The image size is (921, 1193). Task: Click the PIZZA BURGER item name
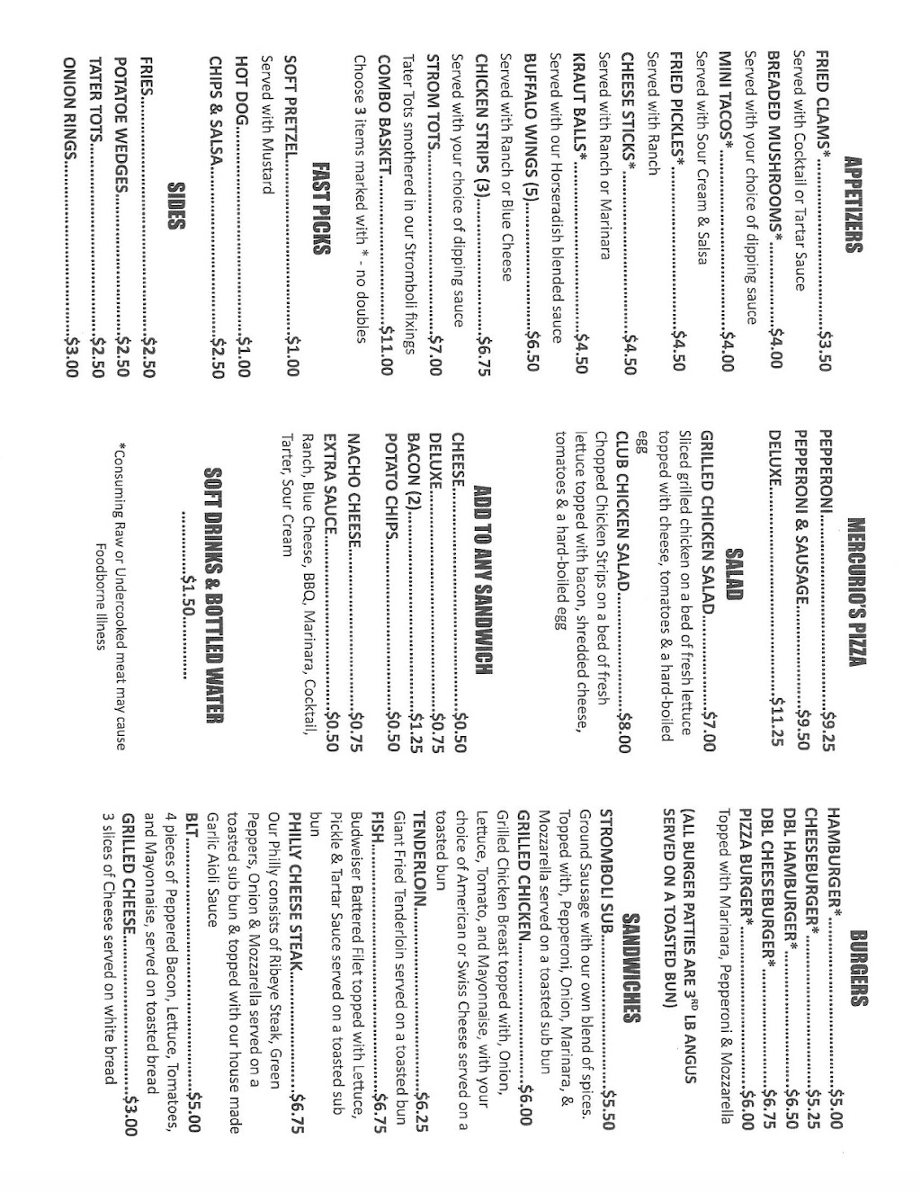pos(746,857)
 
